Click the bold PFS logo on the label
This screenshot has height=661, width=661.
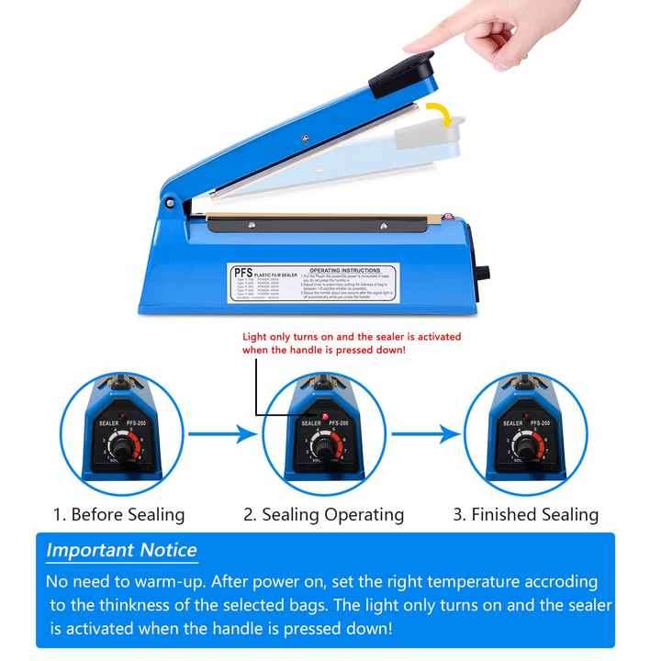(x=243, y=273)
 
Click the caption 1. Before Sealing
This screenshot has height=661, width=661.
(x=118, y=514)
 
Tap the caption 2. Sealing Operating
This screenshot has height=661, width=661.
(x=323, y=514)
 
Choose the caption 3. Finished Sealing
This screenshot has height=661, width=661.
(x=525, y=514)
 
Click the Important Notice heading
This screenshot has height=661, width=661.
(x=121, y=551)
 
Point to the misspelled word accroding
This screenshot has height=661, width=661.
(x=551, y=581)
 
